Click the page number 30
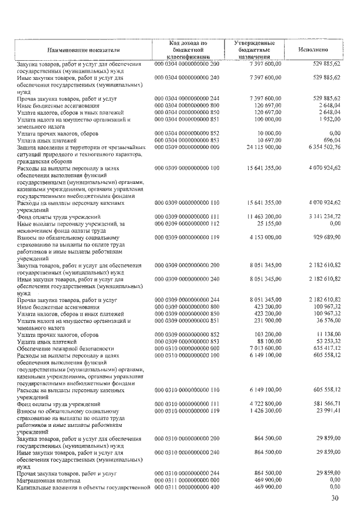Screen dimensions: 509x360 coord(335,498)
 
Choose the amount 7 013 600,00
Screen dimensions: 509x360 coord(262,348)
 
